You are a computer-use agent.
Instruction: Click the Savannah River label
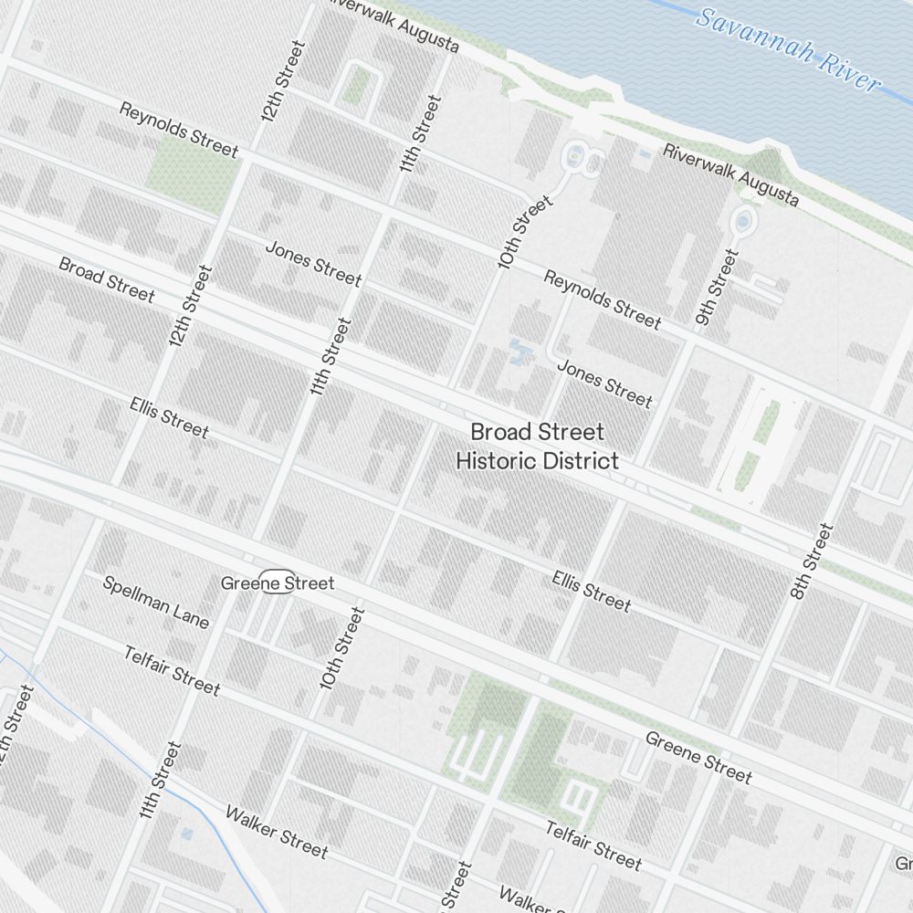(789, 50)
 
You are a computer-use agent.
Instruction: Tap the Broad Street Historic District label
(537, 446)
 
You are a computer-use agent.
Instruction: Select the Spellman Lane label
(155, 602)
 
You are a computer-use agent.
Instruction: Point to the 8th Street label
(813, 561)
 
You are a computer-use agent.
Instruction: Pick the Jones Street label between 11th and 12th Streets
(313, 262)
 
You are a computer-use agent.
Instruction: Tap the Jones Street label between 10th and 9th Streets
(604, 383)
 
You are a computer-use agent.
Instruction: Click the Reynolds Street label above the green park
(179, 130)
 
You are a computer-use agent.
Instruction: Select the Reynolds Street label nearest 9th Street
(602, 299)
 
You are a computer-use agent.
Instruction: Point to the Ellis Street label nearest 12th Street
(169, 416)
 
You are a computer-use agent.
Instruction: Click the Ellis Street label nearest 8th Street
(591, 591)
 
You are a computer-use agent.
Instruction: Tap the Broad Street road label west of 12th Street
(107, 279)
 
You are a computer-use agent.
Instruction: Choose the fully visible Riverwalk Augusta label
(730, 174)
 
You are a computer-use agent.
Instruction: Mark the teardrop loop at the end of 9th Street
(743, 221)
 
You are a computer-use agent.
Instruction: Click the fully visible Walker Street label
(276, 832)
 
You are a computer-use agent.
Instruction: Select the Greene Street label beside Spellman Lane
(278, 582)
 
